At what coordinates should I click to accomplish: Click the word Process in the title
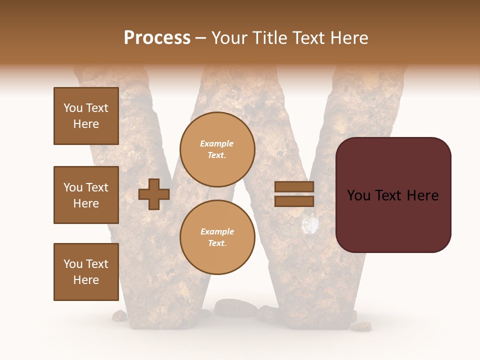tap(157, 38)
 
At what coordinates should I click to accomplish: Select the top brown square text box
tap(86, 116)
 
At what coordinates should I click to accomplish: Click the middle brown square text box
tap(86, 195)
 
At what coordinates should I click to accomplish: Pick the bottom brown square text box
tap(86, 272)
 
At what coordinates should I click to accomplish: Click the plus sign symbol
tap(154, 194)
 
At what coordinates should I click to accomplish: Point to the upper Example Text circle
tap(217, 149)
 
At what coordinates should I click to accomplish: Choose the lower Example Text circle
tap(217, 237)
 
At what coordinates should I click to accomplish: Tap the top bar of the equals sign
tap(294, 187)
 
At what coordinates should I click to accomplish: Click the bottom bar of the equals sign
tap(294, 201)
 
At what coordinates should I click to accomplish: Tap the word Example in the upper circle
tap(217, 144)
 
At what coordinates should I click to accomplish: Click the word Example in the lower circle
tap(217, 232)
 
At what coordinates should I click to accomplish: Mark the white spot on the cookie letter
tap(310, 224)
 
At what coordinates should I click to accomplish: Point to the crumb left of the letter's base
tap(119, 315)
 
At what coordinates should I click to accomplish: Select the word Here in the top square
tap(86, 124)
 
